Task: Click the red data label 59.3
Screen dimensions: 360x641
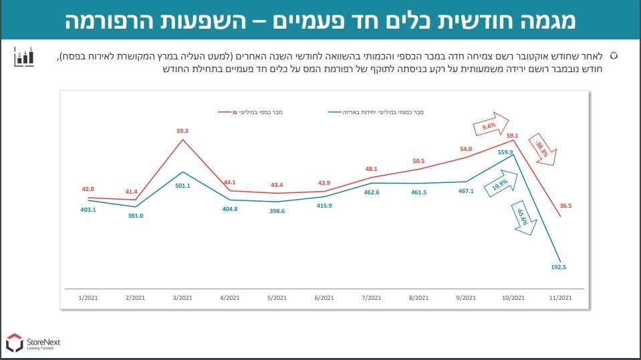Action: pyautogui.click(x=182, y=131)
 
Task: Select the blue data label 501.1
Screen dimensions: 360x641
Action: pyautogui.click(x=182, y=186)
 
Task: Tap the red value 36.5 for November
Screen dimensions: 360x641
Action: pyautogui.click(x=565, y=206)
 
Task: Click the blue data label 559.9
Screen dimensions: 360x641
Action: pyautogui.click(x=505, y=152)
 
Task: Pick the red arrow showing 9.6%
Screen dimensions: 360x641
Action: pyautogui.click(x=489, y=126)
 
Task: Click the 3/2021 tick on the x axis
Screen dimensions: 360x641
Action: pyautogui.click(x=182, y=297)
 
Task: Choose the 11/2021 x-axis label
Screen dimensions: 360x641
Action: pyautogui.click(x=559, y=297)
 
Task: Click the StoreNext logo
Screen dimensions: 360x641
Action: pyautogui.click(x=33, y=343)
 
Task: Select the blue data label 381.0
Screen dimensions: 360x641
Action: pyautogui.click(x=131, y=216)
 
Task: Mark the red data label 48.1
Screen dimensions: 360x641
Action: pyautogui.click(x=372, y=169)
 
